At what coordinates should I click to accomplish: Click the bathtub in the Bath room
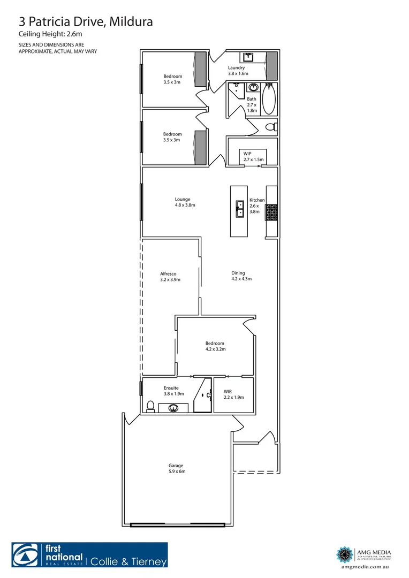point(269,98)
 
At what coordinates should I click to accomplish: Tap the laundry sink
point(249,57)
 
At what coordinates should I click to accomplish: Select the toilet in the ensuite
point(150,406)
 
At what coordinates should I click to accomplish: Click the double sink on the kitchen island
point(240,209)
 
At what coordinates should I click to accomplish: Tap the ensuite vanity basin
point(173,408)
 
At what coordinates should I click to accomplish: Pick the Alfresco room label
point(168,273)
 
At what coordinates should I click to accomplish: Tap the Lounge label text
point(182,199)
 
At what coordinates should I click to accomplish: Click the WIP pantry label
point(247,154)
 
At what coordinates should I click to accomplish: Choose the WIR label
point(228,391)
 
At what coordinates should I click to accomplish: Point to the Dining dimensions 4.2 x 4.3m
point(241,279)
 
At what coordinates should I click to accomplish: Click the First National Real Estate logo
point(48,555)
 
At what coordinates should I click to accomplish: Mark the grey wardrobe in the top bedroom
point(200,69)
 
